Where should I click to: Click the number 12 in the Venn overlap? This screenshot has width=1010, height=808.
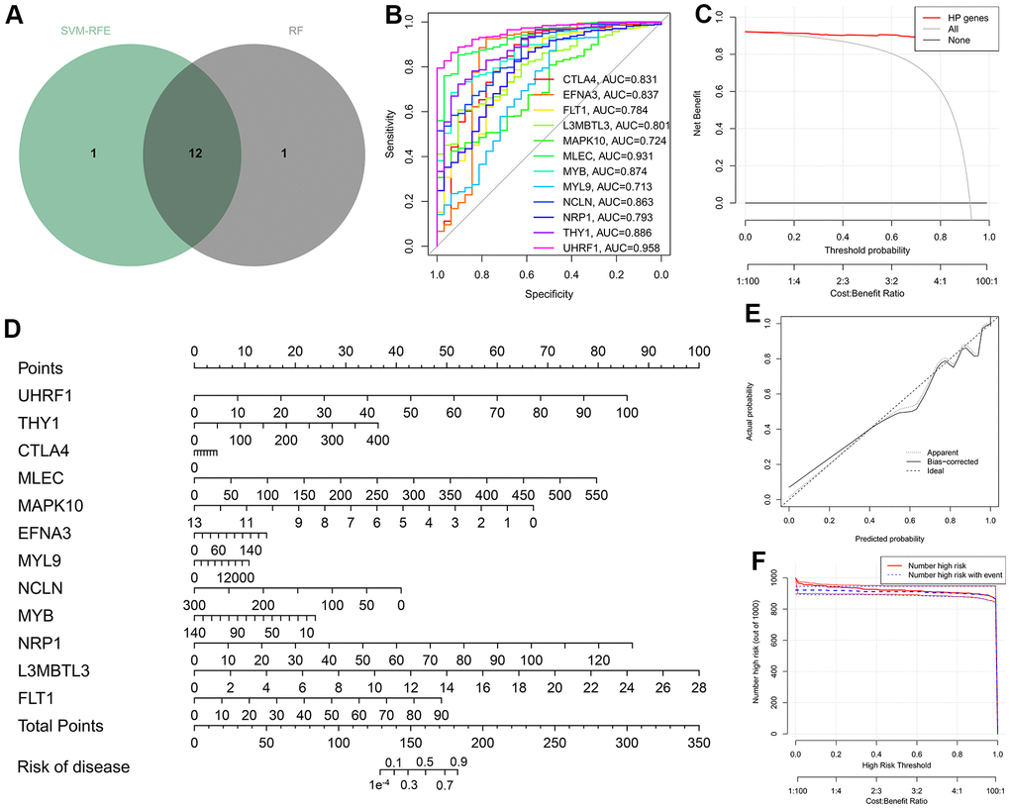(194, 154)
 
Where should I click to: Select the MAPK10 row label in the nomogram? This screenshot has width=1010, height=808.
(50, 505)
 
